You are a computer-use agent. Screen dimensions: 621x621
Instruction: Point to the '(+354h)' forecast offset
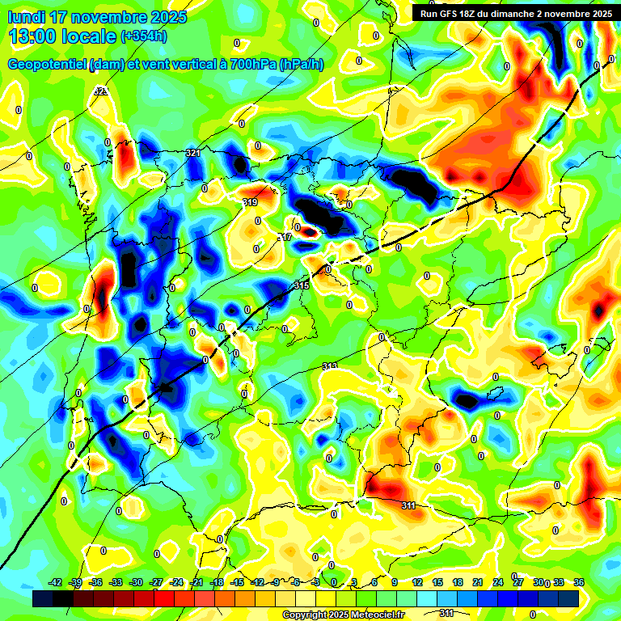pos(143,36)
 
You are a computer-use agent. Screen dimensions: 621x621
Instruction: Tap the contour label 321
pos(192,153)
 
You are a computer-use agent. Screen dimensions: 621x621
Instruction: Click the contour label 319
pos(250,202)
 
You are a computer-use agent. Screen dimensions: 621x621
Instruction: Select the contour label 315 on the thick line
pos(302,285)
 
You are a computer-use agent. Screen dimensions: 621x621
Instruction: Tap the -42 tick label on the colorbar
pos(56,582)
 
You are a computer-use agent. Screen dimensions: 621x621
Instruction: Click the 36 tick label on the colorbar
pos(579,582)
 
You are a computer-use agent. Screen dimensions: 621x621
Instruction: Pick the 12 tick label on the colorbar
pos(417,582)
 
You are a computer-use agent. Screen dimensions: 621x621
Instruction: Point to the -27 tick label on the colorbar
pos(157,582)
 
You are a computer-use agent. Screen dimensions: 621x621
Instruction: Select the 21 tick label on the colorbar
pos(478,582)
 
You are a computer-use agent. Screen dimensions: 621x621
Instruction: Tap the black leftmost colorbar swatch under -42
pos(43,598)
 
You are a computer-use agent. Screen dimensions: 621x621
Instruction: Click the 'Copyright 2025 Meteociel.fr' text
pos(342,615)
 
